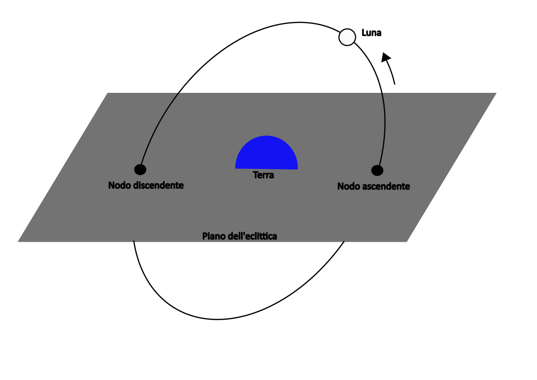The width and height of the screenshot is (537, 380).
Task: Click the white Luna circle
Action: tap(347, 37)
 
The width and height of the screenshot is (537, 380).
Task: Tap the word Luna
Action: tap(371, 33)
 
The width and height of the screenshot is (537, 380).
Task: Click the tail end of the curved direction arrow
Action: tap(395, 84)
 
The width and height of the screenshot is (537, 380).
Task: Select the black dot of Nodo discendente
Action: tap(140, 169)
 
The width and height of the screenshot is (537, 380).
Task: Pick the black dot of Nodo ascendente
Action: tap(377, 170)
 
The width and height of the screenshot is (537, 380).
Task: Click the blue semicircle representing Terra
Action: tap(266, 153)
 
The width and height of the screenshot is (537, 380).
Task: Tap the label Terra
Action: tap(263, 175)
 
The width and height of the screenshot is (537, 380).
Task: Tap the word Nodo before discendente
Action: tap(120, 185)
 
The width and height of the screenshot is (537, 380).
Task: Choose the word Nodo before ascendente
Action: tap(349, 186)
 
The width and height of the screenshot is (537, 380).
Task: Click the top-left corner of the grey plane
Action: tap(108, 93)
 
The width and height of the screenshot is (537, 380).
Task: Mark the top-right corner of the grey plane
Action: tap(496, 93)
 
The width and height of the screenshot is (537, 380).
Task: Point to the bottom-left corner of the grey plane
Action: tap(18, 242)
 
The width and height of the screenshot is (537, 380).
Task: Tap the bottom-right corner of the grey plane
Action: tap(406, 242)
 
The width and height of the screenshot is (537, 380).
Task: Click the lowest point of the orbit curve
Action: tap(217, 319)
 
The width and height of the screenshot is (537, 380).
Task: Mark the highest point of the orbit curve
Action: tap(299, 22)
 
